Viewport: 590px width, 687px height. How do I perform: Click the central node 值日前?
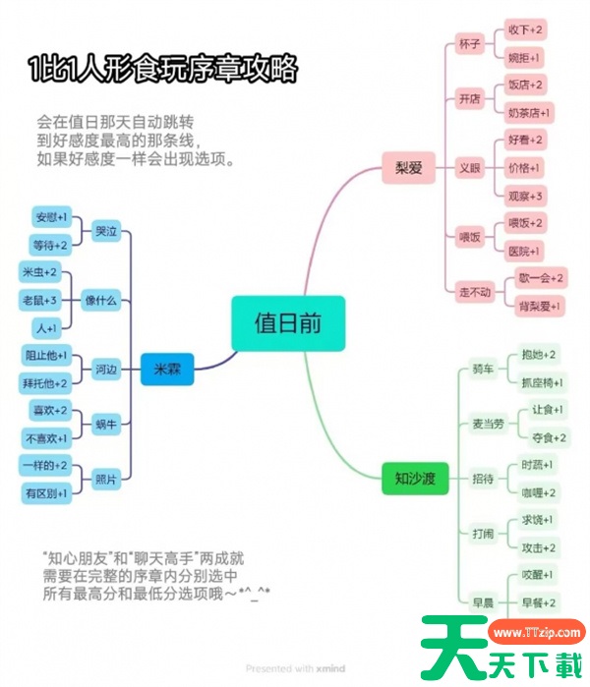click(288, 323)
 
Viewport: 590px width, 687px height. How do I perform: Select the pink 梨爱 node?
click(408, 168)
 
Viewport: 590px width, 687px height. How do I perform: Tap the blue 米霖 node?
click(167, 370)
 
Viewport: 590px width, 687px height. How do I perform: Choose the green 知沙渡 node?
click(415, 479)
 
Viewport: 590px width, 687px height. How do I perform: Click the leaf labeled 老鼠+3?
click(40, 299)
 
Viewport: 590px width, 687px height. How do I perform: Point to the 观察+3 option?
click(525, 196)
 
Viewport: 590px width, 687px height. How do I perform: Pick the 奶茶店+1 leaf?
click(529, 112)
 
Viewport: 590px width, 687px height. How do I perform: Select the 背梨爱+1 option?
click(540, 307)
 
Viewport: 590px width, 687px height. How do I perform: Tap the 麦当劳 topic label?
click(488, 424)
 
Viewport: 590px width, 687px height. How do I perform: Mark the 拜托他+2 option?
click(45, 382)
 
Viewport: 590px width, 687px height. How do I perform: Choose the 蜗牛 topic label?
click(106, 425)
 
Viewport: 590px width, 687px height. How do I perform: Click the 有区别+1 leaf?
click(45, 493)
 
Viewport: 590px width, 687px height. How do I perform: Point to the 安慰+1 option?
click(50, 216)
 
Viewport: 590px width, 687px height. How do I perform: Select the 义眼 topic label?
click(470, 168)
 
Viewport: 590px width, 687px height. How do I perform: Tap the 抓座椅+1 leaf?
click(542, 382)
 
